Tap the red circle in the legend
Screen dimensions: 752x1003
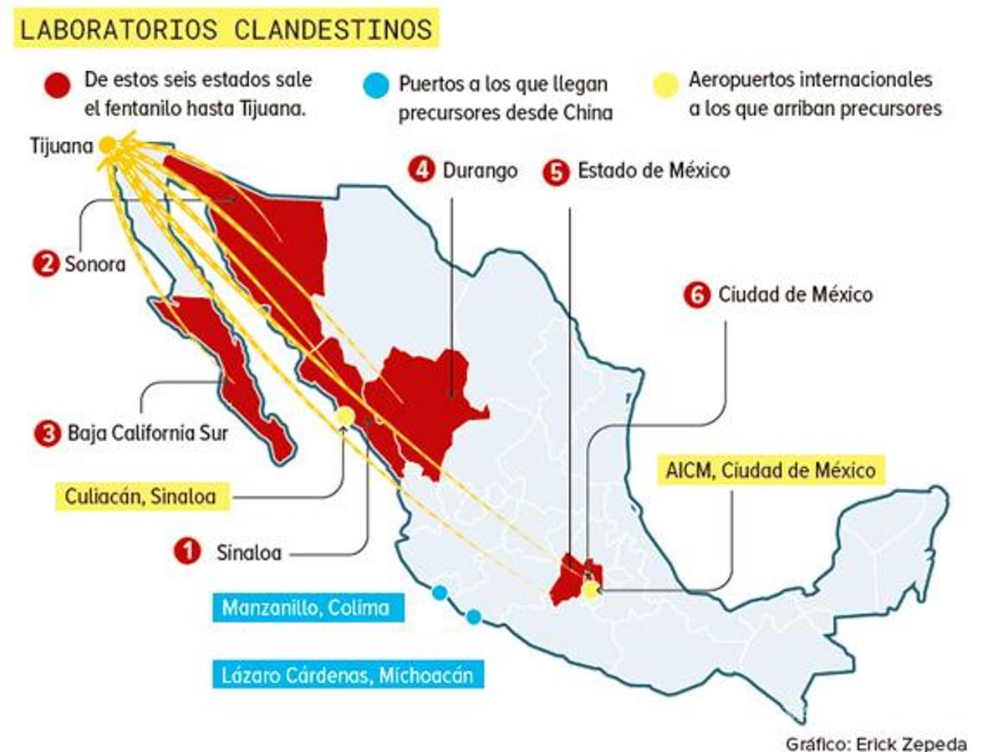coord(58,85)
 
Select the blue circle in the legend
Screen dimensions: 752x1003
coord(376,85)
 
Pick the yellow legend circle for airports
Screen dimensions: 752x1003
coord(665,85)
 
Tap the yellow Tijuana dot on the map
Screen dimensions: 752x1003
coord(107,145)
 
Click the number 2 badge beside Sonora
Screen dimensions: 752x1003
coord(45,264)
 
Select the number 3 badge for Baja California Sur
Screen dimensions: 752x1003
coord(48,433)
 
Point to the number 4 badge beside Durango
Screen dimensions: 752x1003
coord(421,170)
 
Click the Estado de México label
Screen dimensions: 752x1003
coord(653,170)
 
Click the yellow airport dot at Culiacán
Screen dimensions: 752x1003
coord(344,415)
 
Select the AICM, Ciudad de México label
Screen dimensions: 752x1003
coord(771,470)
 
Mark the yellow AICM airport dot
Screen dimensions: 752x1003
coord(591,591)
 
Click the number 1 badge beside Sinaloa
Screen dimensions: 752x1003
coord(187,551)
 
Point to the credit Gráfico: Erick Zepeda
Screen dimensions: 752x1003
coord(875,743)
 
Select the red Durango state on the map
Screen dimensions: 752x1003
coord(426,393)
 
